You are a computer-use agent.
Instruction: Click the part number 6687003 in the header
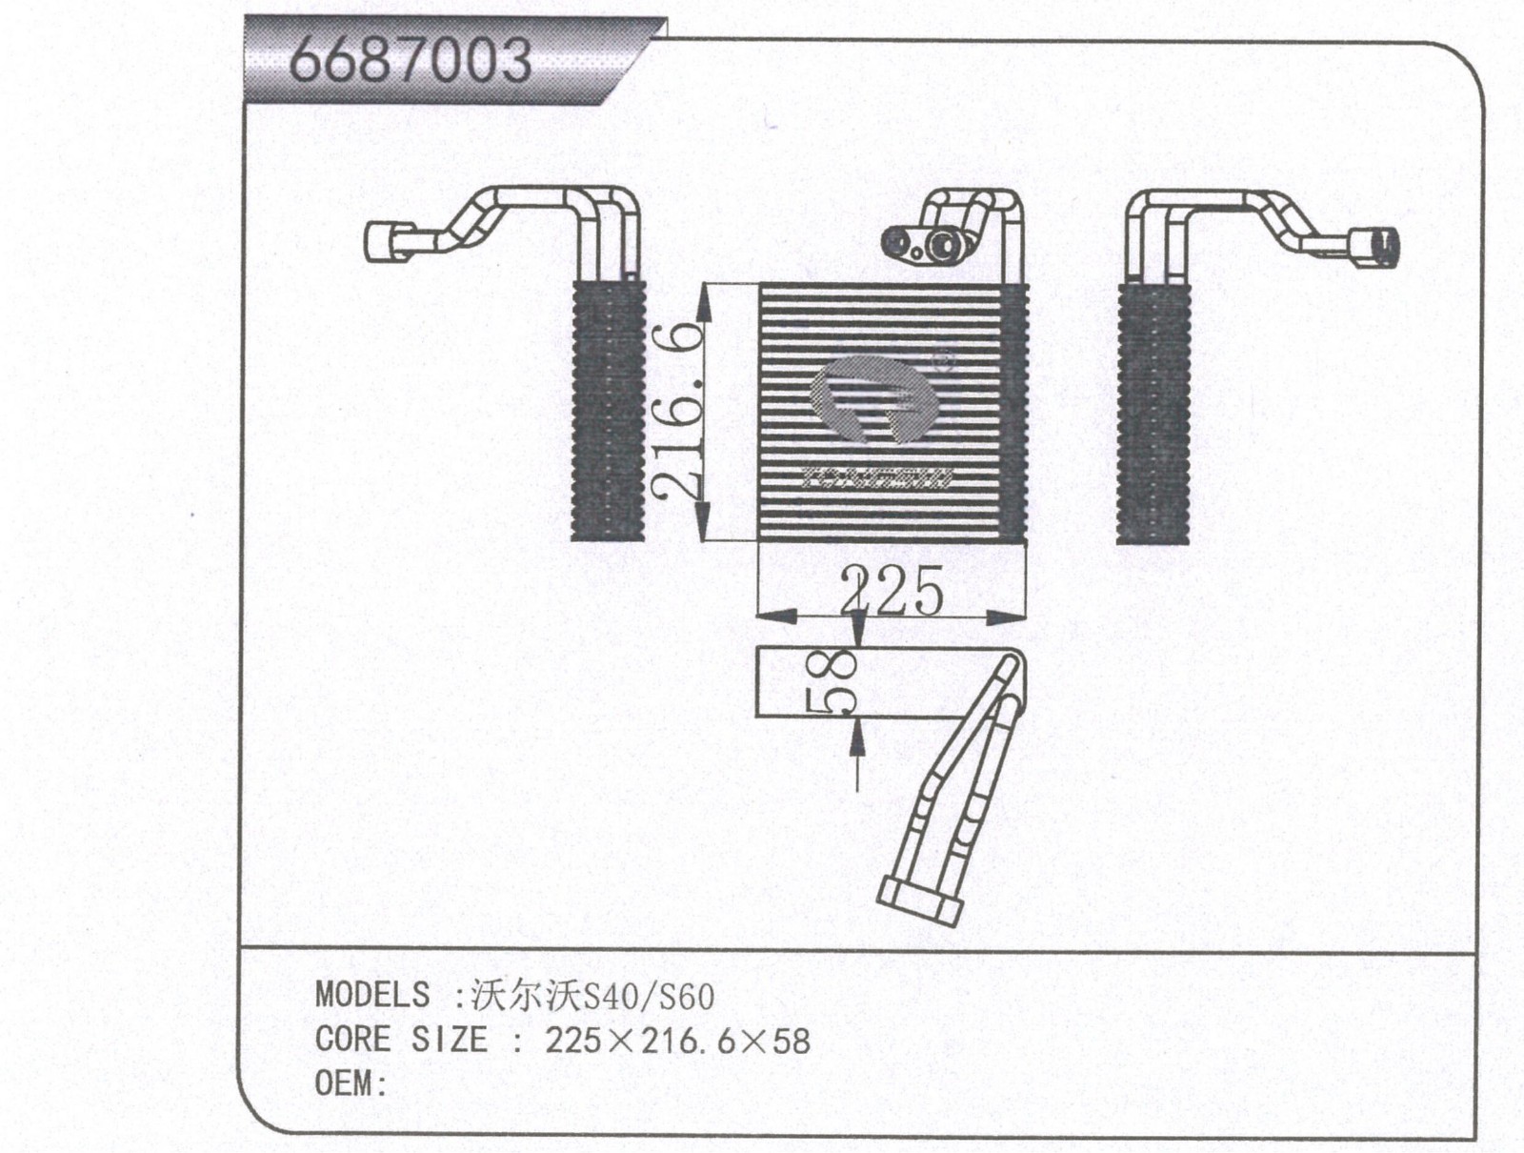pyautogui.click(x=410, y=60)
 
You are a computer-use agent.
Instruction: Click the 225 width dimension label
pyautogui.click(x=892, y=591)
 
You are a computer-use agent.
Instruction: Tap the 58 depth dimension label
pyautogui.click(x=835, y=681)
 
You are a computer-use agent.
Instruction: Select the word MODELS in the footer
pyautogui.click(x=372, y=995)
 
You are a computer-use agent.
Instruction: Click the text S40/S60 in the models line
pyautogui.click(x=647, y=997)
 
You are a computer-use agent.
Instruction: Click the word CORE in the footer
pyautogui.click(x=352, y=1039)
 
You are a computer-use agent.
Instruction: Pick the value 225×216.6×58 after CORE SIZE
pyautogui.click(x=677, y=1041)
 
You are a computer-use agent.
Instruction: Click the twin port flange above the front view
pyautogui.click(x=924, y=244)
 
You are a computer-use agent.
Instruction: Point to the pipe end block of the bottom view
pyautogui.click(x=918, y=900)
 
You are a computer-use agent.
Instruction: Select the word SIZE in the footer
pyautogui.click(x=449, y=1039)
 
